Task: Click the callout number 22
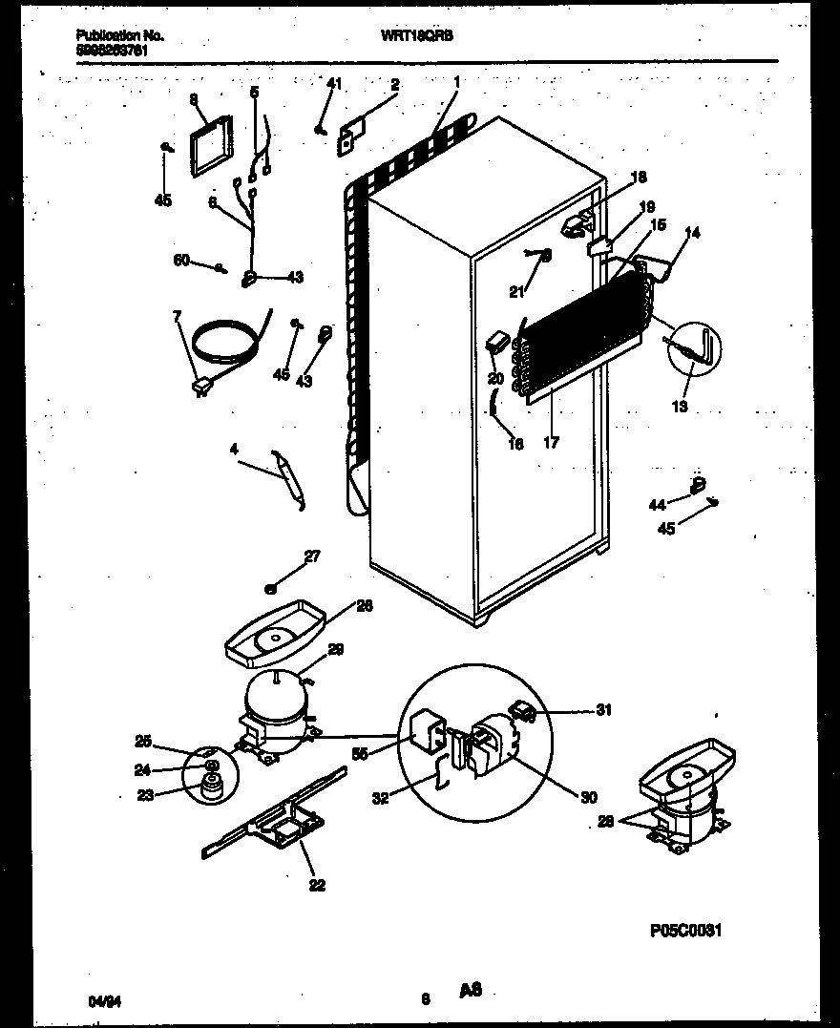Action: pyautogui.click(x=317, y=885)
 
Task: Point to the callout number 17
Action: pyautogui.click(x=551, y=443)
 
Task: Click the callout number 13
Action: pyautogui.click(x=679, y=405)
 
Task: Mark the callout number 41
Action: pyautogui.click(x=333, y=85)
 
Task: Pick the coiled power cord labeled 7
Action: pyautogui.click(x=224, y=345)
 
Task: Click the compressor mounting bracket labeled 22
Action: pyautogui.click(x=272, y=822)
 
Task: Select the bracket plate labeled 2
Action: pyautogui.click(x=350, y=136)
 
